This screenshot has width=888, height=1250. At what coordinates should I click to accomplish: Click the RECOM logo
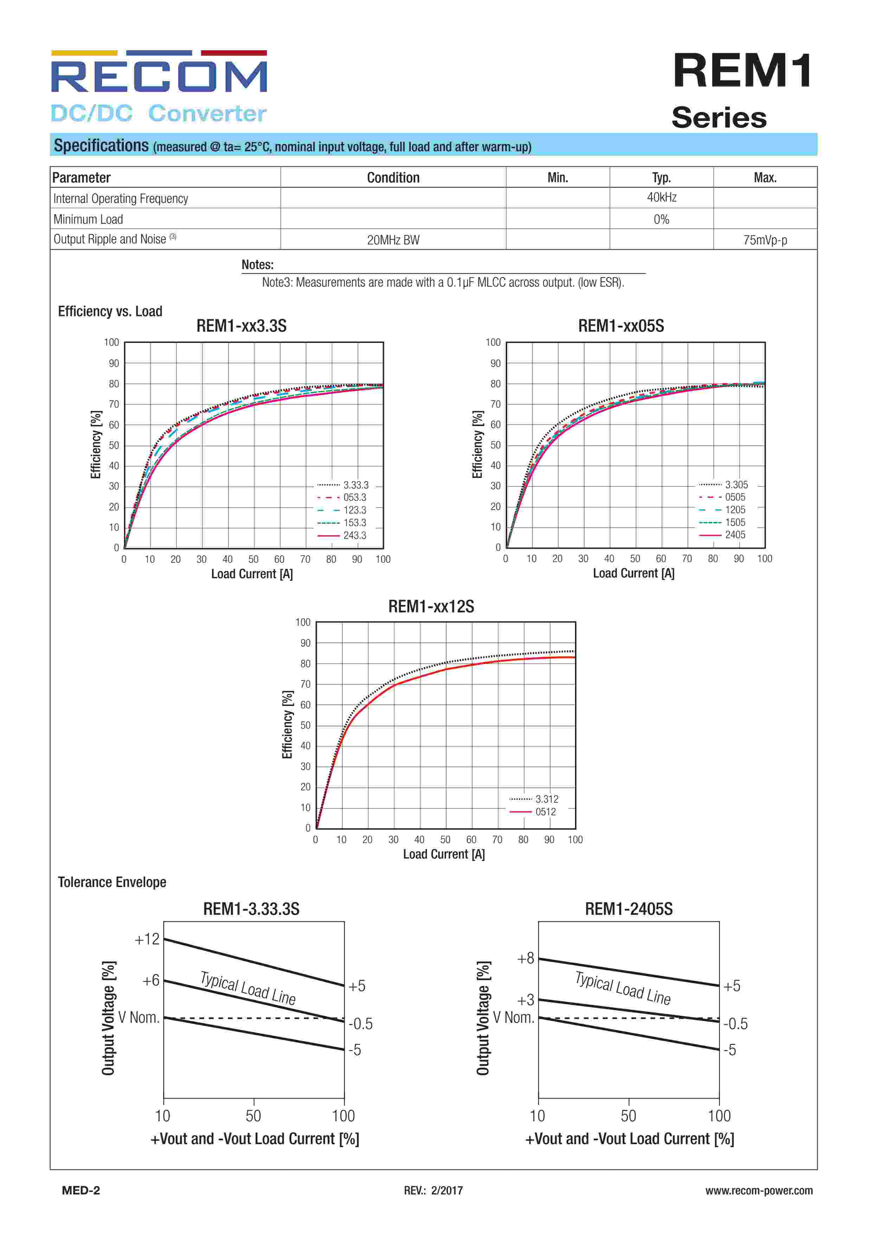[x=159, y=77]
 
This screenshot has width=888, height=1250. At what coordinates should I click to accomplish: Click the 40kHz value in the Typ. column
[x=661, y=197]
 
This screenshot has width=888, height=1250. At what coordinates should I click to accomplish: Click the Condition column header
[x=393, y=178]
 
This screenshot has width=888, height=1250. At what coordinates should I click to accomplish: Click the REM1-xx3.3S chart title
[x=241, y=326]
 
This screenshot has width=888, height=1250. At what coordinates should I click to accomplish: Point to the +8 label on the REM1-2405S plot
[x=525, y=958]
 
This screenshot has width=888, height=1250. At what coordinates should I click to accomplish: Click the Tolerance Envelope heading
[x=112, y=882]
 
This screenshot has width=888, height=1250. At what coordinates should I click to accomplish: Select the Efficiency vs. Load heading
[x=110, y=312]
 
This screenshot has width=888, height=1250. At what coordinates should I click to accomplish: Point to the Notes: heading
[x=257, y=264]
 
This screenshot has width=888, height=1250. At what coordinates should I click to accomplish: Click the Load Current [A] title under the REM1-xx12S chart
[x=443, y=854]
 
